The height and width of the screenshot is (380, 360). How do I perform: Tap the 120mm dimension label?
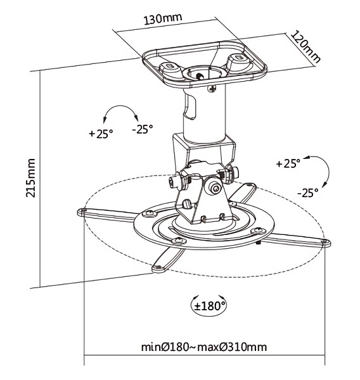[x=305, y=46]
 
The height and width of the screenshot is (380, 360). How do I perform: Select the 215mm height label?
[x=30, y=177]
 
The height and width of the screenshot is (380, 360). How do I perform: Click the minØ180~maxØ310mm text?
[x=204, y=347]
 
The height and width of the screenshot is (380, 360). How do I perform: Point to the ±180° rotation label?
[x=210, y=306]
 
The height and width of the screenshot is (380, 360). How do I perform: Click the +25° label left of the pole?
[x=101, y=134]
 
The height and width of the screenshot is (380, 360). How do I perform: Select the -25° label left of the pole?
[x=143, y=129]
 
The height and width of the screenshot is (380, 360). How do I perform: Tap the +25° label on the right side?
[x=288, y=163]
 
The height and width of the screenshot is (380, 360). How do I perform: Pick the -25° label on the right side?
[x=308, y=193]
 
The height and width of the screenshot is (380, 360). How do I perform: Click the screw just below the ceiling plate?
[x=212, y=89]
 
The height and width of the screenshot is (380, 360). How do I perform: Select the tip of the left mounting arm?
[x=82, y=212]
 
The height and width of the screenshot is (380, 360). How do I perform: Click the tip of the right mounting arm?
[x=326, y=243]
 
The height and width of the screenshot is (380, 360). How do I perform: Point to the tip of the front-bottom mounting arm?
[x=158, y=268]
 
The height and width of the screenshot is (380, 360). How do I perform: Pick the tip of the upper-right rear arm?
[x=250, y=186]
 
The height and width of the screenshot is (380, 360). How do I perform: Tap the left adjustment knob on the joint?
[x=174, y=182]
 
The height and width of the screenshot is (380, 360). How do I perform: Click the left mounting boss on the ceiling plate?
[x=170, y=69]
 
